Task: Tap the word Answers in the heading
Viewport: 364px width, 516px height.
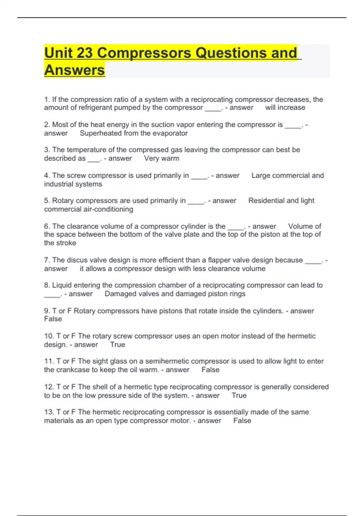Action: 75,70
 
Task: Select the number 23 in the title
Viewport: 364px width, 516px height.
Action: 85,53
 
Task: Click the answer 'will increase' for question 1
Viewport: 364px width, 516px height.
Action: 285,108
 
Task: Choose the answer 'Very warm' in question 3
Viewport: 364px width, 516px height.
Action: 162,158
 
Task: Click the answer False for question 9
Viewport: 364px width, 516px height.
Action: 53,319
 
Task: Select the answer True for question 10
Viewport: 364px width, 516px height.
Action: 118,345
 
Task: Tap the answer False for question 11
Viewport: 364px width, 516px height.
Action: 211,370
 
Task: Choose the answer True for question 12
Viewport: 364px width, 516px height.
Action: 239,395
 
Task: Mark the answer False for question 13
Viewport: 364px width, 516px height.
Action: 242,421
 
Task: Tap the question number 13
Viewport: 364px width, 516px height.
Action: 49,412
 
